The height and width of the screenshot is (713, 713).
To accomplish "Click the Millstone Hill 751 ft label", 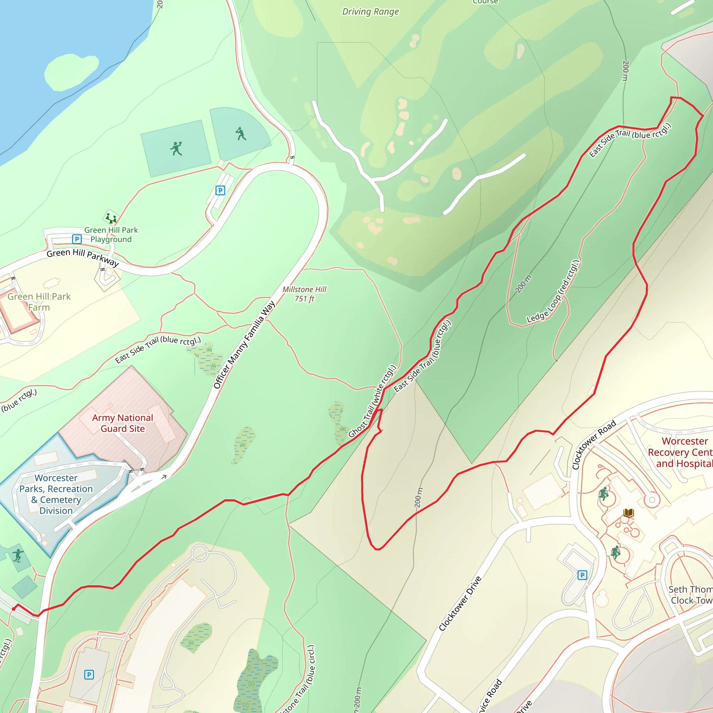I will pos(305,294).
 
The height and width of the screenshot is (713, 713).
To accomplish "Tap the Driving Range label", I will pos(370,12).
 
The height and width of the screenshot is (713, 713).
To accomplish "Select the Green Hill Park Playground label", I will pos(111,235).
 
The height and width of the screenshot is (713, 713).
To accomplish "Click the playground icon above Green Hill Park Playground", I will pos(111,218).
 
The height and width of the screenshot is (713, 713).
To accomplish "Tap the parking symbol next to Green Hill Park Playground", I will pos(77,239).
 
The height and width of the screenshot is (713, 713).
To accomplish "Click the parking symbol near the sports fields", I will pos(220,190).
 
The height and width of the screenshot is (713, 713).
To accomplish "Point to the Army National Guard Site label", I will pos(123,423).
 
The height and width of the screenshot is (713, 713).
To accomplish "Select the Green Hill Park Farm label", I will pos(39,302).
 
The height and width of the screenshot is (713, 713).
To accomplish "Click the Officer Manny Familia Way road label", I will pos(244,345).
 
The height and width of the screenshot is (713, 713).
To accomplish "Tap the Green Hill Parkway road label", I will pos(83,257).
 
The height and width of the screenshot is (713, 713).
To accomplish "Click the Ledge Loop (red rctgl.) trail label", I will pos(553,291).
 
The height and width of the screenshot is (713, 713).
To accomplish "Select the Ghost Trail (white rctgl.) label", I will pos(373,401).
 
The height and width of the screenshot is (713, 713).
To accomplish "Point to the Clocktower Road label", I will pos(594,444).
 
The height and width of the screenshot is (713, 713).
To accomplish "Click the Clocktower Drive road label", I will pos(460,603).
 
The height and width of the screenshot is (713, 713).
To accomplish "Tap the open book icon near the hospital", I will pos(628,512).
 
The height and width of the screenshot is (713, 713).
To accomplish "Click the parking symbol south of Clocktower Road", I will pos(582,575).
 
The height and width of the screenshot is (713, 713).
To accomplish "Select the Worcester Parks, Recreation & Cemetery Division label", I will pos(56,494).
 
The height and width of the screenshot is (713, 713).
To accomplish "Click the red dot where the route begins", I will pos(14,609).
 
